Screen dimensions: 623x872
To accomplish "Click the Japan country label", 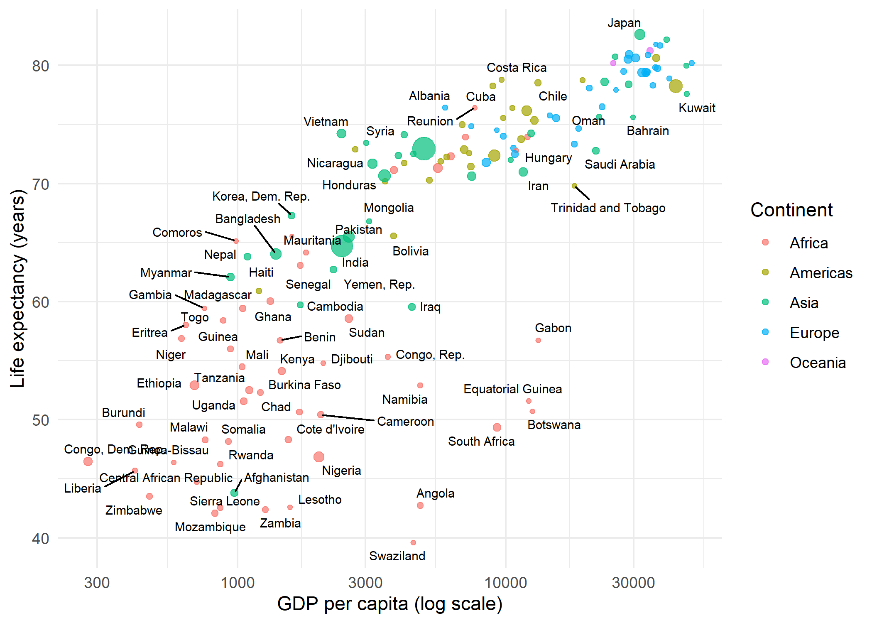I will (624, 23).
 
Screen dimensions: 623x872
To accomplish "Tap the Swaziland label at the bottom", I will (397, 556).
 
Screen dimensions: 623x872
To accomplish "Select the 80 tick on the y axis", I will (41, 66).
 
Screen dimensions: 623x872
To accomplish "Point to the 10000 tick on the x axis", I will (505, 583).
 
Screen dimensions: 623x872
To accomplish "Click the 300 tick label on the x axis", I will (97, 583).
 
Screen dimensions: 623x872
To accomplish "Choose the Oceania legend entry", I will (817, 363).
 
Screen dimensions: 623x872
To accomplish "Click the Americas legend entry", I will (821, 273).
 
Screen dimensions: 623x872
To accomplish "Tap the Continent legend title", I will (791, 210).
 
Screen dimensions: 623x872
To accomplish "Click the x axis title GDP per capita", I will (389, 603).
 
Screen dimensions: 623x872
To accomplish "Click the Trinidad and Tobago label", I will (608, 208).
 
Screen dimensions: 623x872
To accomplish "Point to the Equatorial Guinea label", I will (512, 389).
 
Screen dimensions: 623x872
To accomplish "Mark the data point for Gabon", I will (538, 340).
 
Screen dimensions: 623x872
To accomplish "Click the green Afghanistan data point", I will (234, 493).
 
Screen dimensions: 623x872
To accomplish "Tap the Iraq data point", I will (412, 307).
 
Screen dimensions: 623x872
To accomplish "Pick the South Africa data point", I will (497, 427).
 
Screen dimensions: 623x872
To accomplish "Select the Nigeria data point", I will (318, 457).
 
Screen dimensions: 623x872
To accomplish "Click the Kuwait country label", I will (697, 108).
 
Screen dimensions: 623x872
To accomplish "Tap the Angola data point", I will (420, 505).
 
